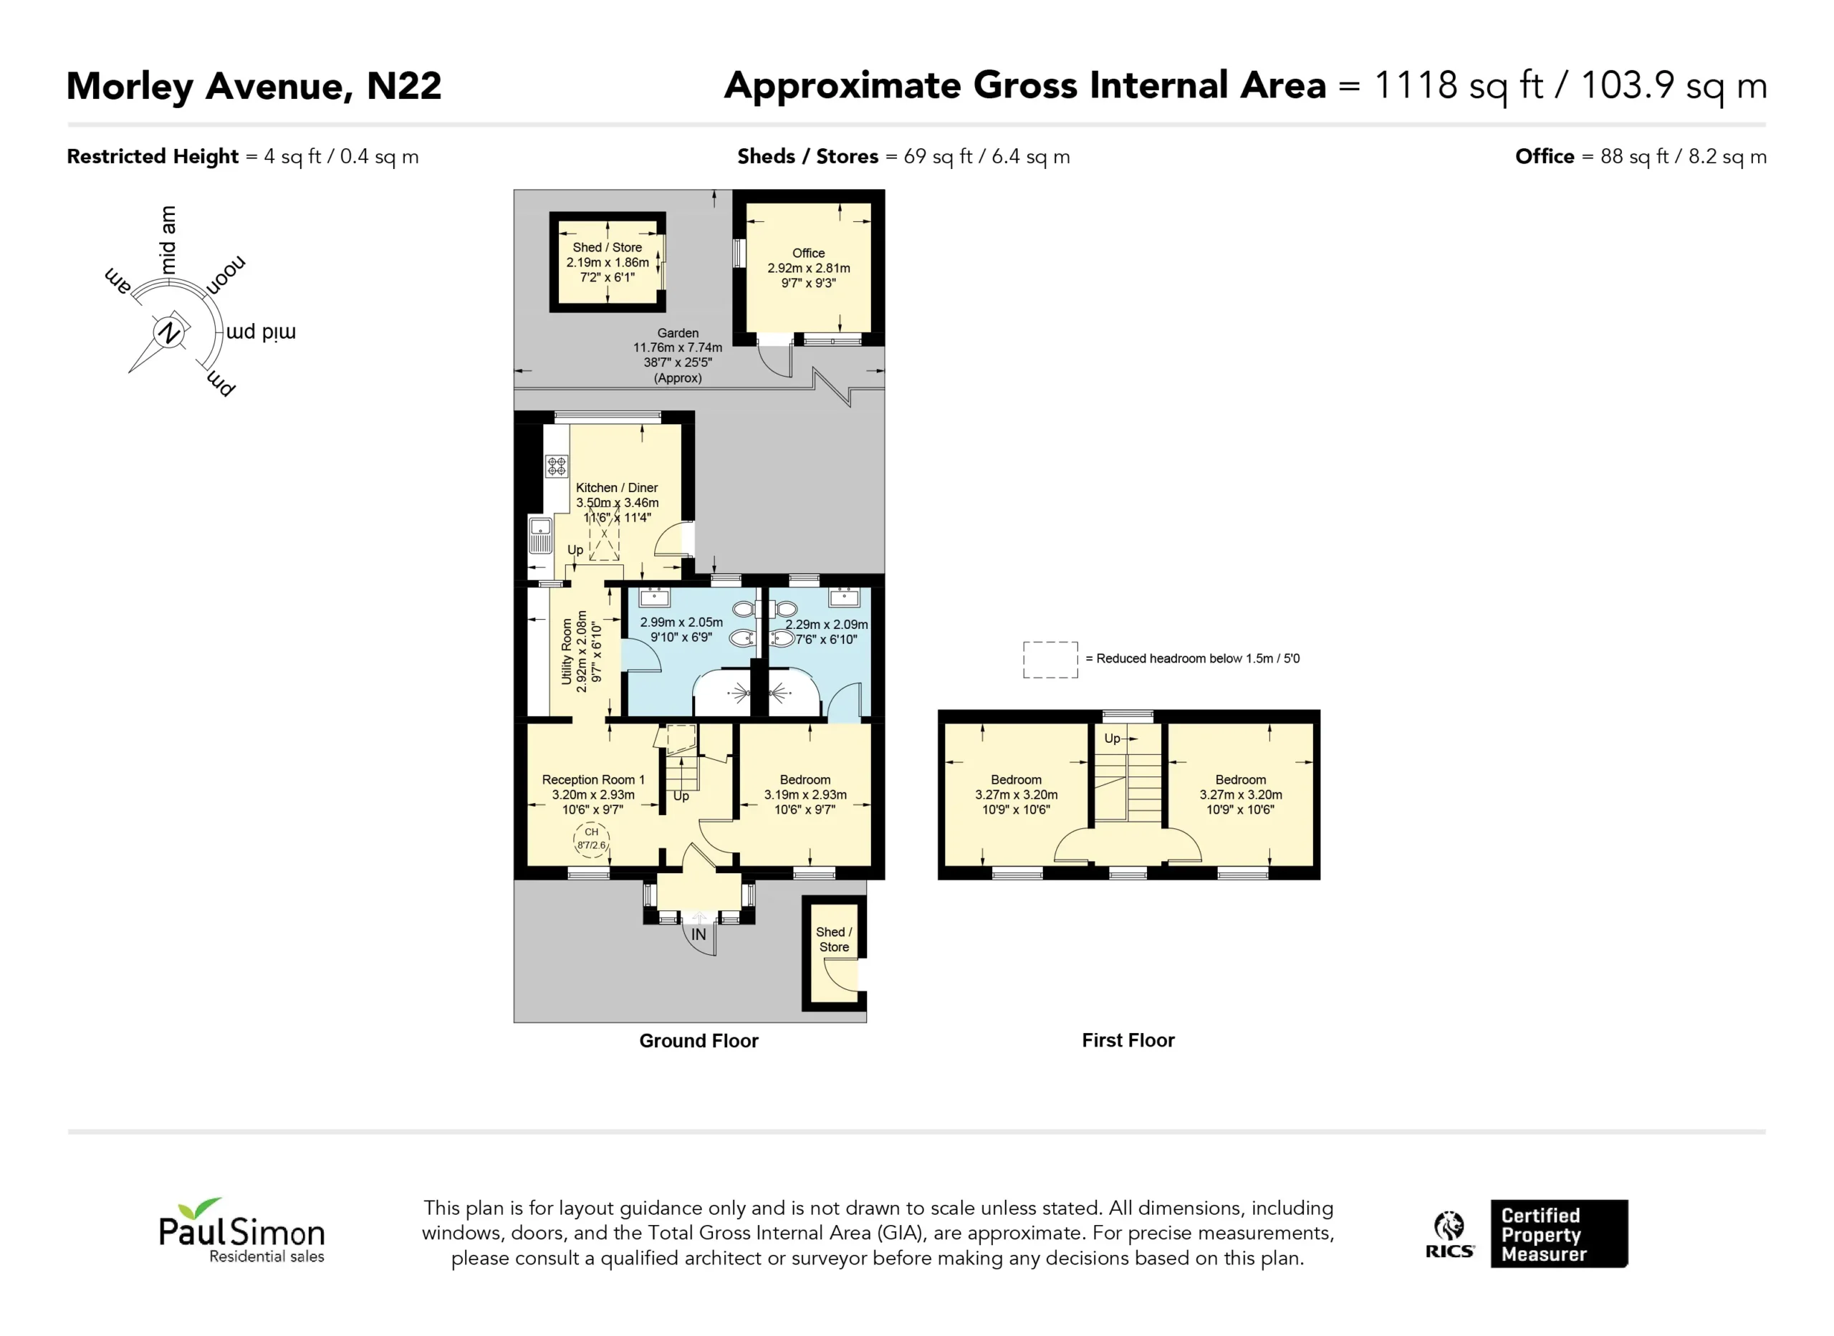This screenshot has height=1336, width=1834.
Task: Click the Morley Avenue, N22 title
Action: click(x=254, y=87)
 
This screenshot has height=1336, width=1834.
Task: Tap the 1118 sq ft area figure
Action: click(x=1459, y=86)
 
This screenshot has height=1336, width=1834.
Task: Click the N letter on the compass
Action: click(x=169, y=332)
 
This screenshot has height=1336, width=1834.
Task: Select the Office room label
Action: click(x=809, y=253)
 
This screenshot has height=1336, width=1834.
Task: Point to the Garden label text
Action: click(x=678, y=333)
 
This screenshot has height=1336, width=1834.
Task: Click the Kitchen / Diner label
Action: click(x=616, y=488)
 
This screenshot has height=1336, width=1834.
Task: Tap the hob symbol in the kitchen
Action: click(x=557, y=466)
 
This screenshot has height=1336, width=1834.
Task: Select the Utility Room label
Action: click(x=567, y=652)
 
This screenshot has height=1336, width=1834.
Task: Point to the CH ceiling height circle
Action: click(x=591, y=840)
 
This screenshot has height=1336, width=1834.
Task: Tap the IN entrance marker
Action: click(x=698, y=935)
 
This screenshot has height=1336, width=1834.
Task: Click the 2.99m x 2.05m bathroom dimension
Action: click(x=682, y=622)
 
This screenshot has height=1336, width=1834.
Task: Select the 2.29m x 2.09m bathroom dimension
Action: click(x=827, y=625)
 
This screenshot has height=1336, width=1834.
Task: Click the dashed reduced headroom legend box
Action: click(x=1050, y=659)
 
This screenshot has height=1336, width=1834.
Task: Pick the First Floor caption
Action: click(x=1128, y=1040)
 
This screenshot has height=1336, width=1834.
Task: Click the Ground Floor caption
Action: click(x=698, y=1041)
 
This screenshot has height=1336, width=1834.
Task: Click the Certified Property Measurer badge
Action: click(x=1559, y=1234)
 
